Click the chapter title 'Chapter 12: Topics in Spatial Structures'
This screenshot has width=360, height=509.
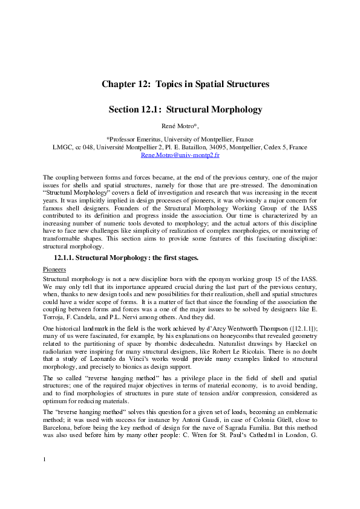pyautogui.click(x=185, y=83)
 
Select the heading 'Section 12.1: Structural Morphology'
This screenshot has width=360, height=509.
pyautogui.click(x=185, y=109)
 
